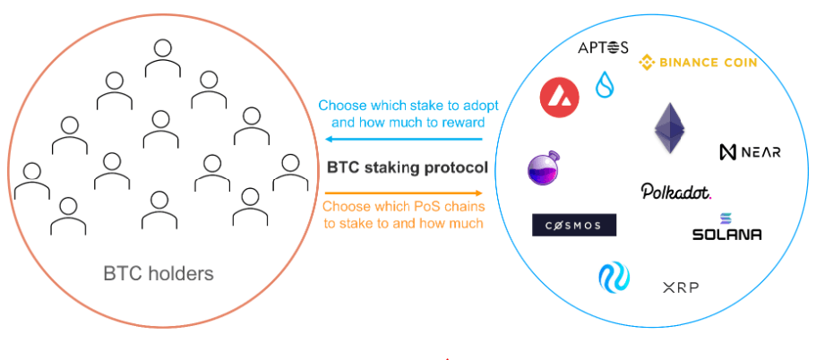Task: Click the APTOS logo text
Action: [x=603, y=47]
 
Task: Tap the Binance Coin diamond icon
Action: [x=647, y=63]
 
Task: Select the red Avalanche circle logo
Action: [x=560, y=98]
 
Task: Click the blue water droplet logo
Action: [x=605, y=84]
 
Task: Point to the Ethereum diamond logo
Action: [x=670, y=128]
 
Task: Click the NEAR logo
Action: [x=750, y=152]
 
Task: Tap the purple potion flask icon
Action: [x=544, y=167]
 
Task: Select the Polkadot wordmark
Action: [x=676, y=192]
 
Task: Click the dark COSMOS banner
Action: [x=574, y=226]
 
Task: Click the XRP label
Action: [x=681, y=287]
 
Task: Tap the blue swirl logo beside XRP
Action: [x=614, y=277]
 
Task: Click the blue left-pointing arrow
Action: [x=404, y=139]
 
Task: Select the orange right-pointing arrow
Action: [x=404, y=193]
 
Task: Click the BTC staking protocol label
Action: [x=408, y=167]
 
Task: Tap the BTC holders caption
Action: [x=159, y=273]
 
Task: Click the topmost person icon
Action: [x=163, y=58]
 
